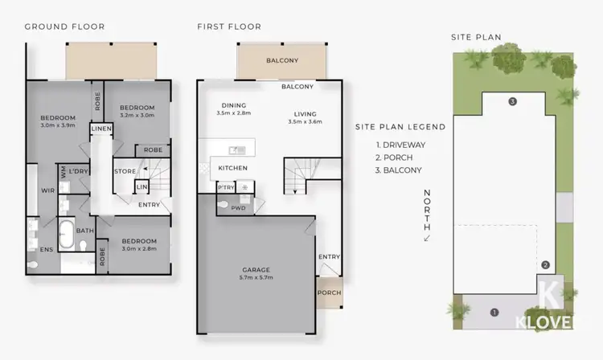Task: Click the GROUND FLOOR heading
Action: click(64, 27)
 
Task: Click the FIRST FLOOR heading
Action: click(229, 27)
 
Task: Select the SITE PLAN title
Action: click(476, 36)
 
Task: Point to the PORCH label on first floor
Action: click(329, 292)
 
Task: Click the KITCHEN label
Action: click(232, 168)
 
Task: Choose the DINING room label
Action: click(234, 105)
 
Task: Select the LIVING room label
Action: click(305, 113)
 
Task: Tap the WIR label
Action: click(47, 190)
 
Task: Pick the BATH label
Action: click(85, 231)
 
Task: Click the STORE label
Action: click(124, 170)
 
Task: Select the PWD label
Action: click(238, 207)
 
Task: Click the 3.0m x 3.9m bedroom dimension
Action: click(58, 126)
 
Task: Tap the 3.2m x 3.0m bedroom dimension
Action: click(136, 115)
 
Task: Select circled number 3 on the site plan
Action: click(511, 102)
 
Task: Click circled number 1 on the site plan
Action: click(494, 312)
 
